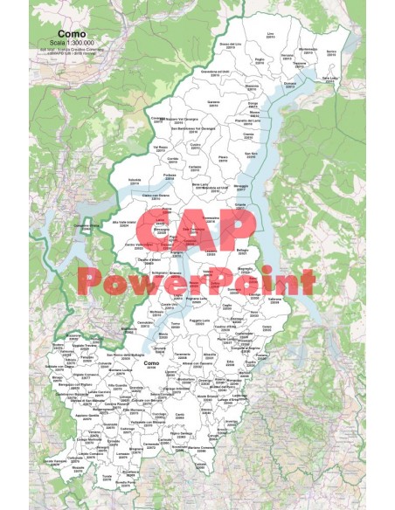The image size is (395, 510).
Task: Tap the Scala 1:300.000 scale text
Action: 71,42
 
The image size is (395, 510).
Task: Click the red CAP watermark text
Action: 197,227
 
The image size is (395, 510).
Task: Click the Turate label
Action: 107,476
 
